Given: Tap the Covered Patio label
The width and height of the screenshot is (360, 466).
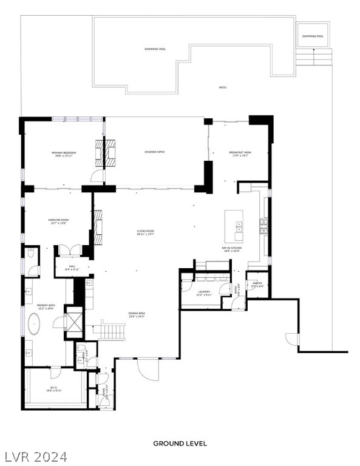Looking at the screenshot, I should pos(155,152).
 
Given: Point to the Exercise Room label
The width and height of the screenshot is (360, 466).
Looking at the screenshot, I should pos(59,221).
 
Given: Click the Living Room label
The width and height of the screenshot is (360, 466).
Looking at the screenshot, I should pos(146,232).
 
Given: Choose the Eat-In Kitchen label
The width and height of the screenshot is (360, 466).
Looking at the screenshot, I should pos(232,249).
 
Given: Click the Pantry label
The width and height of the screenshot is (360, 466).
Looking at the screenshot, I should pos(257,284).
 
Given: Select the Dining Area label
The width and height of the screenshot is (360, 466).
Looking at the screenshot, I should pos(137,315).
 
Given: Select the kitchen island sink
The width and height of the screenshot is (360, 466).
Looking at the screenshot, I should pos(239,228).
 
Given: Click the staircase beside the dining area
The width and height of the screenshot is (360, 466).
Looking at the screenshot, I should pos(113,331).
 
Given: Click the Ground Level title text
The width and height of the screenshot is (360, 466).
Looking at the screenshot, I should pos(180,444).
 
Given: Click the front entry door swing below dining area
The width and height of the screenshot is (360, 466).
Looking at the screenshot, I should pos(146,368).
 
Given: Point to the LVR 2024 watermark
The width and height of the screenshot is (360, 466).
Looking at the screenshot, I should pos(35,456).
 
